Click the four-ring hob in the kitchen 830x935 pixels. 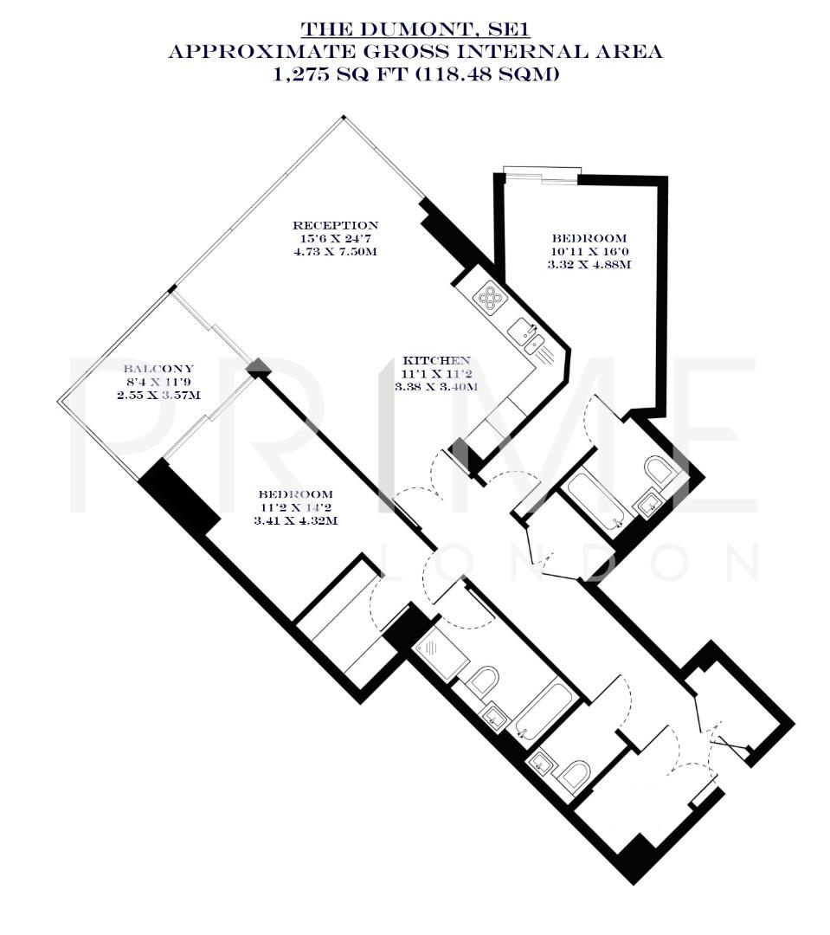pos(491,297)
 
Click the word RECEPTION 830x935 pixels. pos(334,225)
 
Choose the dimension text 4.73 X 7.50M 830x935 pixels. pos(334,252)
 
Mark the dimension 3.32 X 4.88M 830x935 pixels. pos(589,265)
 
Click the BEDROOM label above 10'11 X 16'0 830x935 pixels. pos(589,238)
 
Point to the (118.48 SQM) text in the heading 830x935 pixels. pos(487,74)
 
